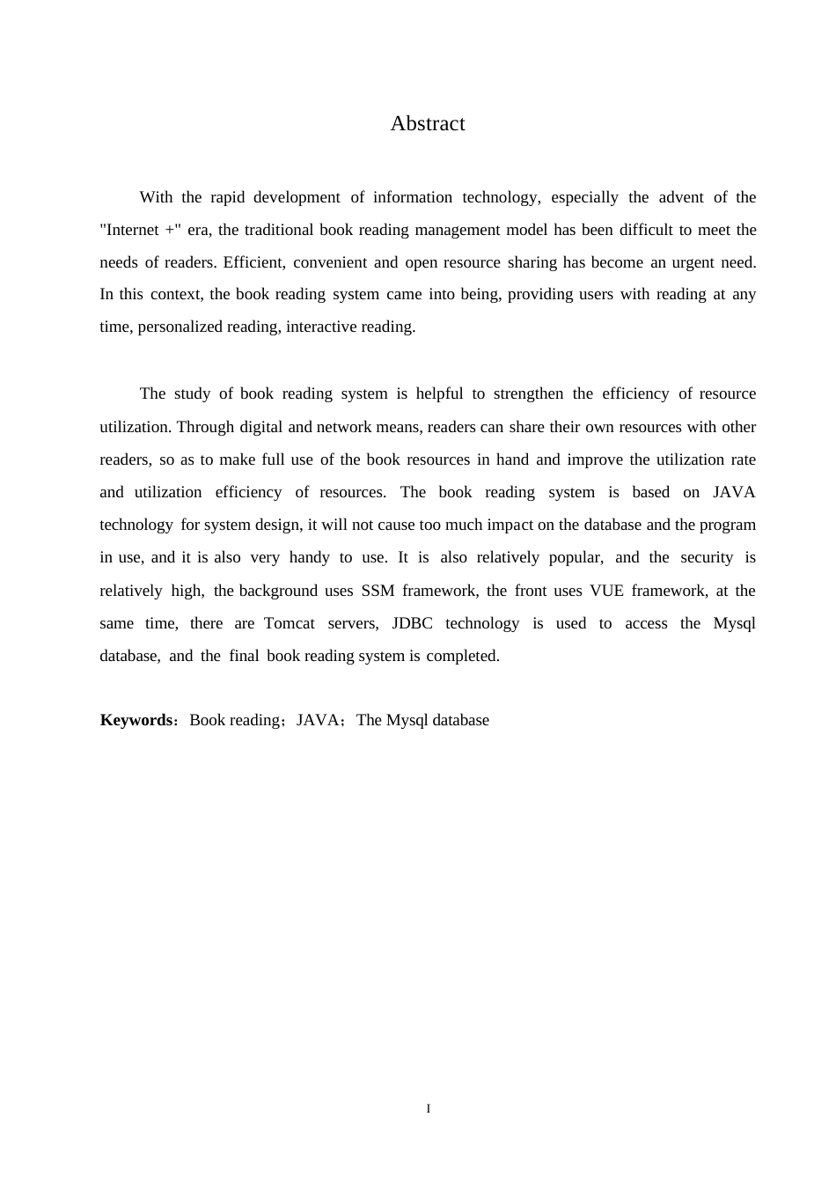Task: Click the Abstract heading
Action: click(x=428, y=124)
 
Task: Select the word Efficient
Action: click(x=253, y=262)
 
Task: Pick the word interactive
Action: click(x=319, y=327)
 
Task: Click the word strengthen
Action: click(x=528, y=393)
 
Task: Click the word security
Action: click(x=707, y=557)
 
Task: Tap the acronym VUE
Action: click(x=606, y=591)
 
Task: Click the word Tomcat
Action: click(x=289, y=623)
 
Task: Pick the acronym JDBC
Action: click(x=412, y=623)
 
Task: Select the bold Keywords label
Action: click(x=136, y=720)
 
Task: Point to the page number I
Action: click(x=429, y=1108)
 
